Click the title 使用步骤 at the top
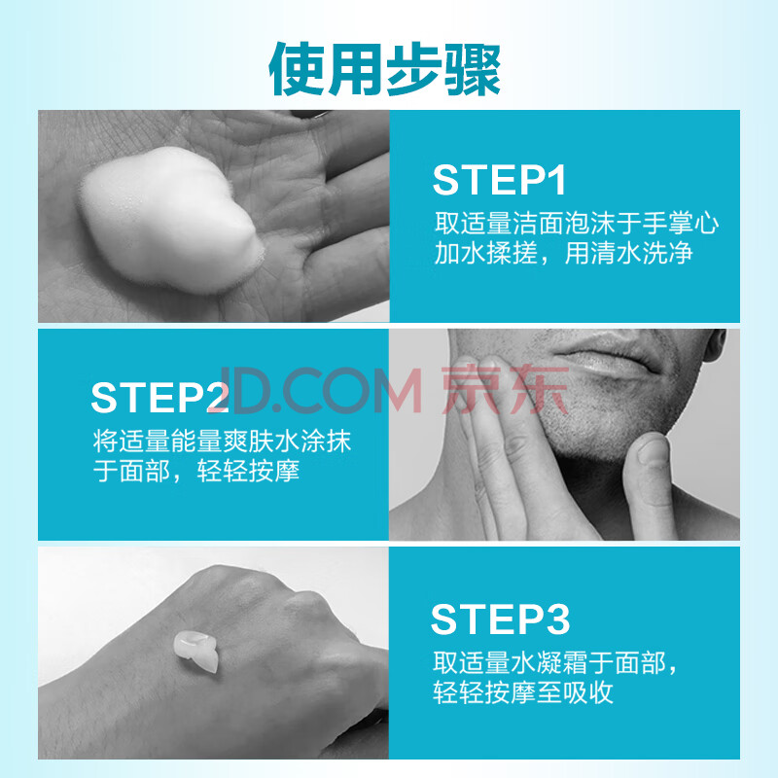click(x=384, y=68)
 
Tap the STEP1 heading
click(x=499, y=180)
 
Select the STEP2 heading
click(x=160, y=397)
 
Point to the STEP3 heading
click(x=500, y=619)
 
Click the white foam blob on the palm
click(x=171, y=221)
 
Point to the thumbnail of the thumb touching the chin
click(x=653, y=450)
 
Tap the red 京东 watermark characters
click(x=505, y=390)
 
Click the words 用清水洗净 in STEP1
click(x=628, y=253)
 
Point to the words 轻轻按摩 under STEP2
click(x=248, y=471)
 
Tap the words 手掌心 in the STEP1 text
click(x=680, y=224)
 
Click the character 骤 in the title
click(x=473, y=69)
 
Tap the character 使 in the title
click(x=297, y=69)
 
